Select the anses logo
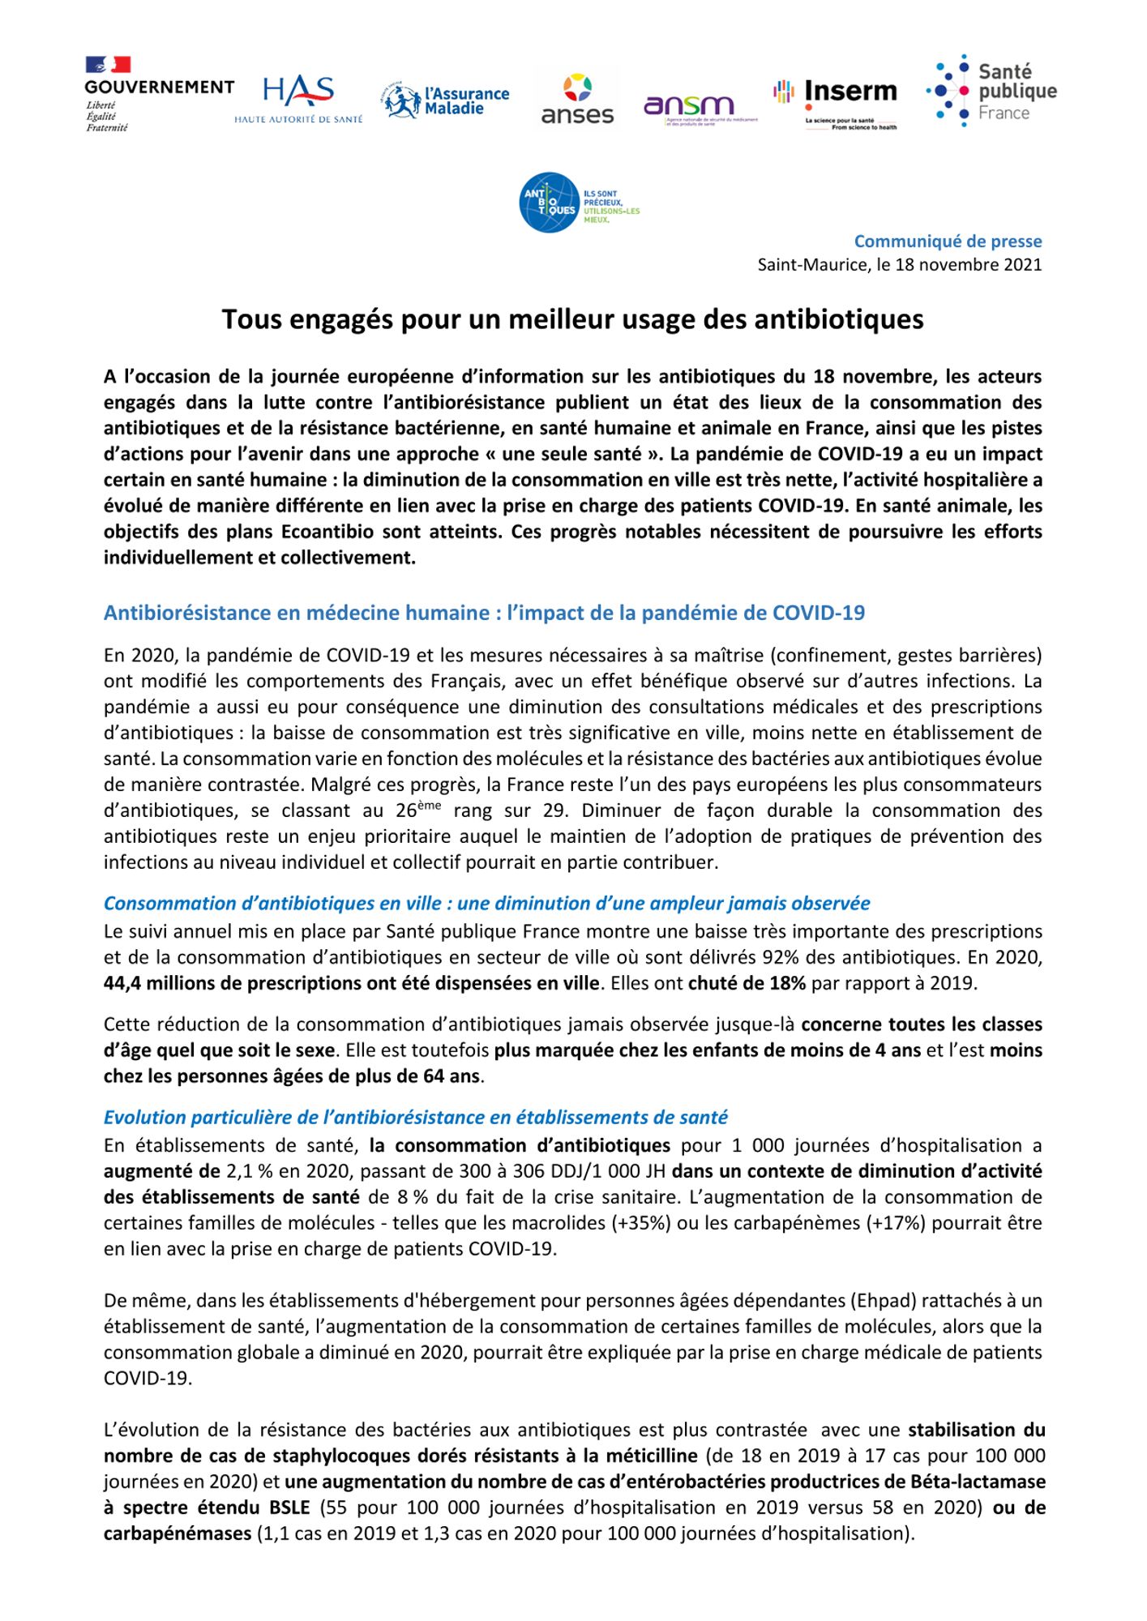[x=577, y=100]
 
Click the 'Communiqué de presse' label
[x=948, y=241]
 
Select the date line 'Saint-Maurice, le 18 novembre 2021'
[x=899, y=264]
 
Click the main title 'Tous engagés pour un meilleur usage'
[x=572, y=319]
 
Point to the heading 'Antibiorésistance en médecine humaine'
[x=484, y=613]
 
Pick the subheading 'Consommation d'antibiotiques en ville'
[x=486, y=903]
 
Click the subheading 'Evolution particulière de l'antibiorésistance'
[x=415, y=1117]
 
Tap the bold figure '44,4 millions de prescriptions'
[x=352, y=983]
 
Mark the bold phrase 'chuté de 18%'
[x=747, y=983]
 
